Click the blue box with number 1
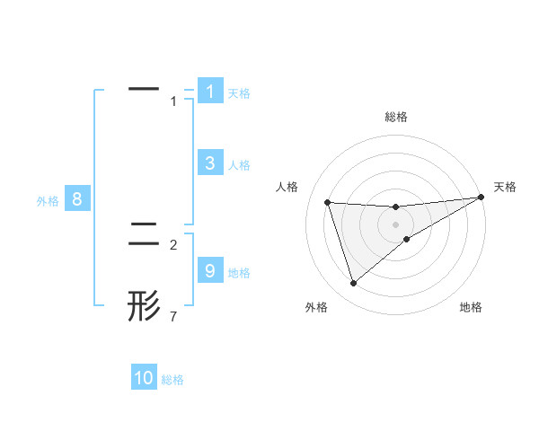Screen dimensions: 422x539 coord(209,92)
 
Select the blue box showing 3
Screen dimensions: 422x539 coord(209,163)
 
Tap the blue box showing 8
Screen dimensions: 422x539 coord(77,200)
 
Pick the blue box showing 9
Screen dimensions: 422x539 coord(209,271)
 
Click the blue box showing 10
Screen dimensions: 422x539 coord(144,378)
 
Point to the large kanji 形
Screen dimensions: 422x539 coord(144,305)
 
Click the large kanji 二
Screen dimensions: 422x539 coord(144,234)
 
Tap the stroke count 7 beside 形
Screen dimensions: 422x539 coord(174,316)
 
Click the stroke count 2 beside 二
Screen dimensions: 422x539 coord(174,244)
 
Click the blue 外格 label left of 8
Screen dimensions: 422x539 coord(48,201)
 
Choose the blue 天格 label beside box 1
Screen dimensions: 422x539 coord(239,92)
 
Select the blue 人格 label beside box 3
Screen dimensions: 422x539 coord(239,165)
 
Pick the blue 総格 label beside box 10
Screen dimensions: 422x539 coord(172,380)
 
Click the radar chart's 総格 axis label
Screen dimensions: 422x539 coord(395,117)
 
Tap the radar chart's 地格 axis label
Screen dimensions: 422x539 coord(471,308)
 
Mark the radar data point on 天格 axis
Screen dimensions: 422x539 coord(481,197)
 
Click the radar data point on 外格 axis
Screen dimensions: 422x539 coord(353,284)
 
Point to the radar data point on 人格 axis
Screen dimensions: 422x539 coord(327,202)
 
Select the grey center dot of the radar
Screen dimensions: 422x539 coord(395,224)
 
